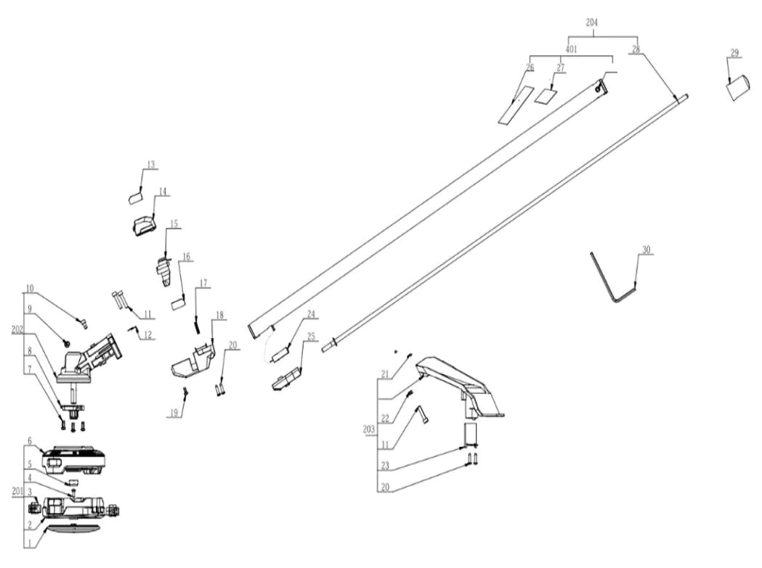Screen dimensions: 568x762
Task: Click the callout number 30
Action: [646, 250]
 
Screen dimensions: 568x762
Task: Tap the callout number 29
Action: [734, 52]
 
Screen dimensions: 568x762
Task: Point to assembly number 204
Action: [592, 22]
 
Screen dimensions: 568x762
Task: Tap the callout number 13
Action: [150, 165]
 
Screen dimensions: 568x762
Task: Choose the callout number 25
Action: [311, 337]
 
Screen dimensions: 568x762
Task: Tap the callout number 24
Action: [311, 314]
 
